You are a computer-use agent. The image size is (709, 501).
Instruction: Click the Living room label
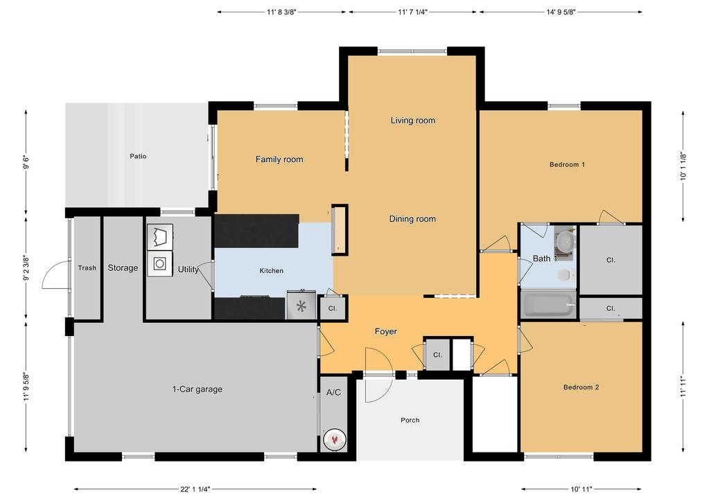pyautogui.click(x=412, y=121)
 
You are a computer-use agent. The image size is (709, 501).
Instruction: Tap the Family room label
pyautogui.click(x=279, y=159)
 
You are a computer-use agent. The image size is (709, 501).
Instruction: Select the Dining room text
pyautogui.click(x=412, y=219)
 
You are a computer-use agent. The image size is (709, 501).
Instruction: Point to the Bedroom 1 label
pyautogui.click(x=568, y=165)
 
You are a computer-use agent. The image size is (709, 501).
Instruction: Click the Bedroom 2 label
pyautogui.click(x=581, y=387)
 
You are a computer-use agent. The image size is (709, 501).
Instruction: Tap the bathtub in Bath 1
pyautogui.click(x=548, y=305)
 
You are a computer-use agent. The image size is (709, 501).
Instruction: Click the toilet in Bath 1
pyautogui.click(x=566, y=274)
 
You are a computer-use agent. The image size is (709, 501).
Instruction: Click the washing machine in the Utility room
pyautogui.click(x=159, y=264)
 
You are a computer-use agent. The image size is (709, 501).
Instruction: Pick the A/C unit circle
pyautogui.click(x=335, y=439)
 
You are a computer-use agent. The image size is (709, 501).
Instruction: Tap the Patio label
pyautogui.click(x=138, y=157)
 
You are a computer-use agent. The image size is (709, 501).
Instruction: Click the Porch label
pyautogui.click(x=410, y=420)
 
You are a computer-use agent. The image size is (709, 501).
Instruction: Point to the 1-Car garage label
pyautogui.click(x=198, y=389)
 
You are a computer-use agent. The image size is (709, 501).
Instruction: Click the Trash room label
pyautogui.click(x=87, y=268)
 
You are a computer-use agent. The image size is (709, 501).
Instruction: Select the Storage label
pyautogui.click(x=123, y=268)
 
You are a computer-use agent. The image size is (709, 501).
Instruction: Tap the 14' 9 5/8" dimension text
pyautogui.click(x=561, y=12)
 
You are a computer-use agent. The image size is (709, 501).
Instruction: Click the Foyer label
pyautogui.click(x=386, y=332)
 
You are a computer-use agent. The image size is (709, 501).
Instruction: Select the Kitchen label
pyautogui.click(x=271, y=271)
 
